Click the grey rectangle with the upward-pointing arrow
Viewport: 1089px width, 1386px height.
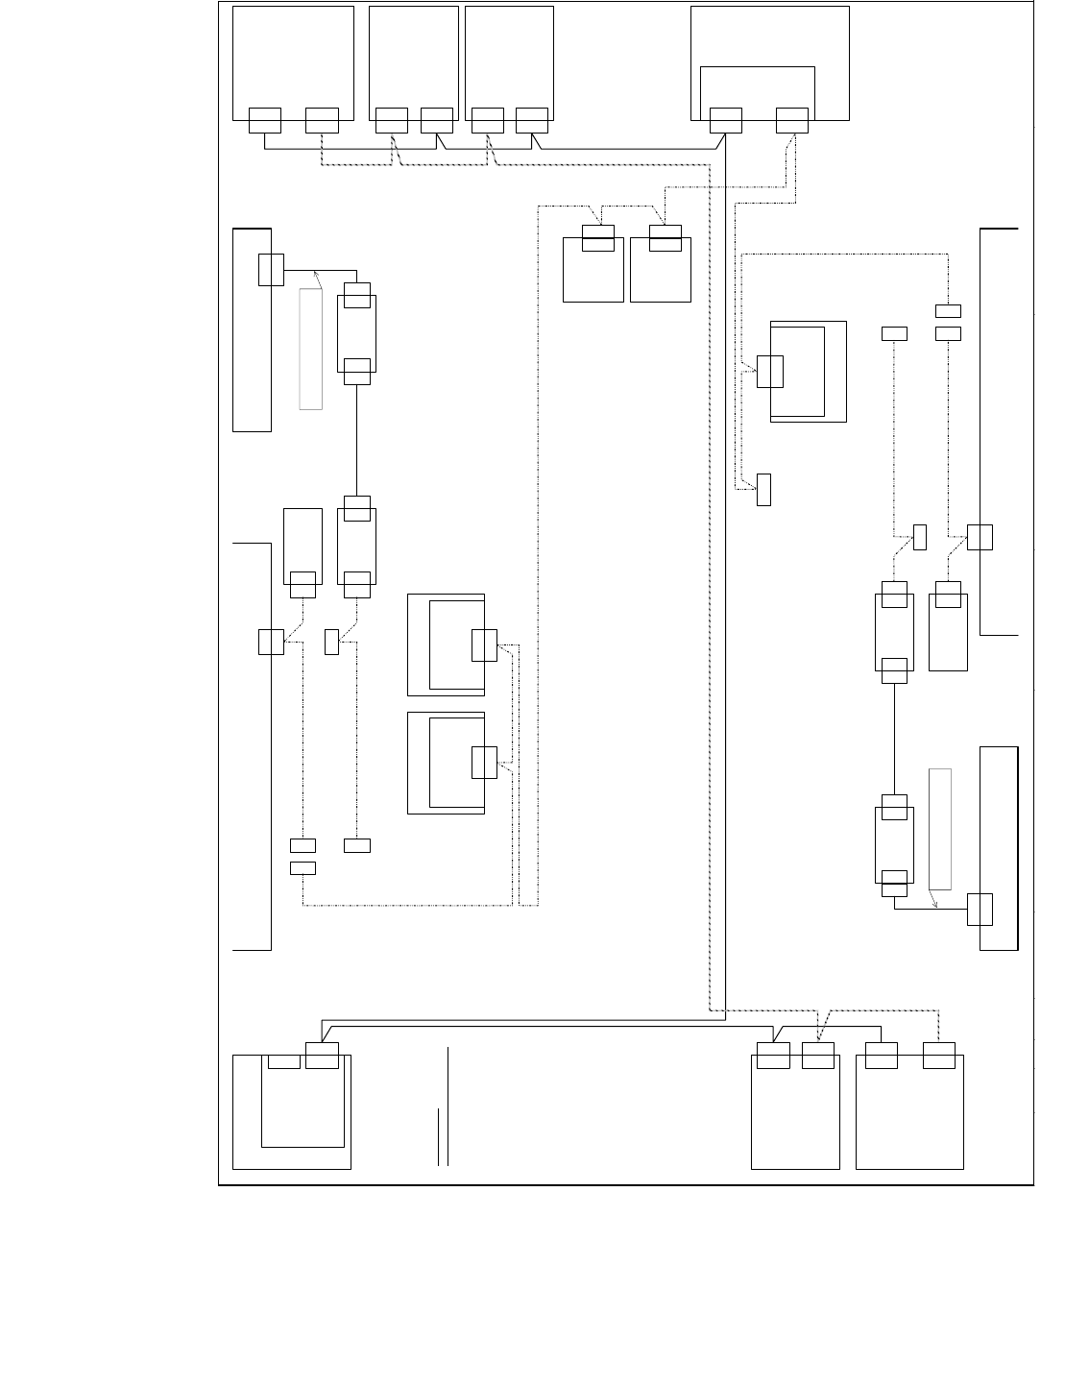pos(310,349)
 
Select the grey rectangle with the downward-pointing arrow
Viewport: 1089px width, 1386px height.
pos(940,828)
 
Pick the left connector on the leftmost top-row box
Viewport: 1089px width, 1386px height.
pos(264,120)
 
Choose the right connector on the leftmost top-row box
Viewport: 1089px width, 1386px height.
pos(322,120)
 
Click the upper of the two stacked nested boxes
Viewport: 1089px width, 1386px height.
pos(446,644)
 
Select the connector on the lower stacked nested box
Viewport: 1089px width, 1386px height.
pos(484,762)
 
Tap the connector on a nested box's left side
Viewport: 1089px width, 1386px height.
pos(769,371)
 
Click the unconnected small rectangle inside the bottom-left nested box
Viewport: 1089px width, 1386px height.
pos(283,1060)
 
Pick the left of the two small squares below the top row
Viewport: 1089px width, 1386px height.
pos(593,270)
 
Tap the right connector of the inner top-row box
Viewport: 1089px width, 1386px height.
pos(791,120)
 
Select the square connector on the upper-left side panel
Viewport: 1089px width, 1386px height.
pos(271,270)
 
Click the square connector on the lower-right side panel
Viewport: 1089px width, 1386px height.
pos(980,909)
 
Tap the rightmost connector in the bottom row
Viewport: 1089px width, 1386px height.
pos(938,1055)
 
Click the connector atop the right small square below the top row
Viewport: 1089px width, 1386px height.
pos(665,237)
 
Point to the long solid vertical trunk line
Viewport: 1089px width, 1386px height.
pos(725,576)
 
